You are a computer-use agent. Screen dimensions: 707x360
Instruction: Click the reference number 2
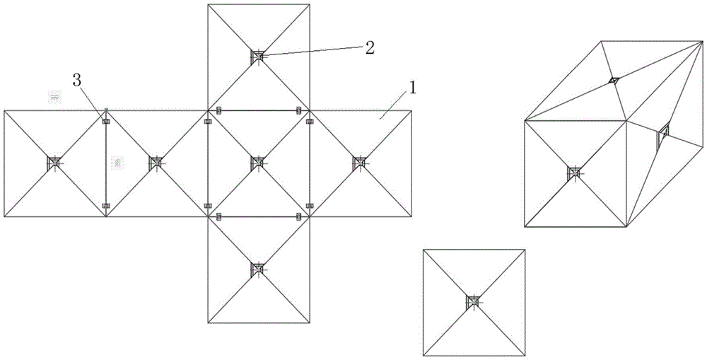tap(369, 47)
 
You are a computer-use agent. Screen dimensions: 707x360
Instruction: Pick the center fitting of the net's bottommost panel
tap(258, 269)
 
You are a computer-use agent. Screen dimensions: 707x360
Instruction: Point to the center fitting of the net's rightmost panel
tap(360, 163)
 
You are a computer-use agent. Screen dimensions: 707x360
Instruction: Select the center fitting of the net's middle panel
tap(258, 163)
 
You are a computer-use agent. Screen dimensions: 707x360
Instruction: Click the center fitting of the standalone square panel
tap(473, 302)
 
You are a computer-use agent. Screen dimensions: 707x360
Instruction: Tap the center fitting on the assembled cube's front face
tap(575, 173)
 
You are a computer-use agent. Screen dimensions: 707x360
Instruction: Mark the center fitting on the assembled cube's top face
tap(614, 81)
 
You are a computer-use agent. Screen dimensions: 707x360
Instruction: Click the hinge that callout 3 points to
tap(106, 122)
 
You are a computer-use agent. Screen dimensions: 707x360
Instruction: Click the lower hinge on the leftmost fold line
tap(106, 206)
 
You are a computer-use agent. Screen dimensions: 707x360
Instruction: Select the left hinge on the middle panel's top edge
tap(218, 110)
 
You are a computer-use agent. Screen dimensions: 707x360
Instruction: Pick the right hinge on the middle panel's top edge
tap(298, 110)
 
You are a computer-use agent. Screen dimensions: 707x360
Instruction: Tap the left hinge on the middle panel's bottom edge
tap(218, 216)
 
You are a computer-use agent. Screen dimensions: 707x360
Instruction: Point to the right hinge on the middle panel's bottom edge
tap(298, 216)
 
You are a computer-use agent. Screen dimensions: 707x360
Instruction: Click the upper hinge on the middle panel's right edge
tap(309, 122)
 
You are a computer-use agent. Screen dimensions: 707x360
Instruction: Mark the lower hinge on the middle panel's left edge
tap(207, 206)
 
